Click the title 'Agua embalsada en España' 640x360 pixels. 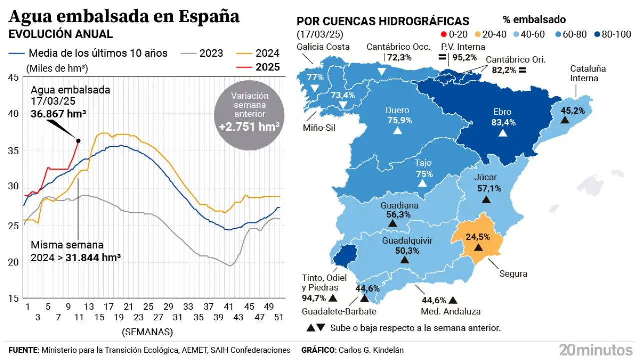tap(124, 16)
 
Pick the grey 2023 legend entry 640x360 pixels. tap(202, 53)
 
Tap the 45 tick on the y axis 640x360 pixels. tap(13, 77)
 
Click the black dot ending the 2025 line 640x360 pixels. tap(78, 141)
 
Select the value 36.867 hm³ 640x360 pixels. tap(58, 114)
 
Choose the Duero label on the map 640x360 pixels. tap(397, 110)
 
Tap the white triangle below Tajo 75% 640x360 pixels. tap(422, 183)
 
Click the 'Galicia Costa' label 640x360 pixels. tap(323, 47)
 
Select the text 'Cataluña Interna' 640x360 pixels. tap(588, 73)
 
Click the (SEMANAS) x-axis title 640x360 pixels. tap(147, 332)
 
